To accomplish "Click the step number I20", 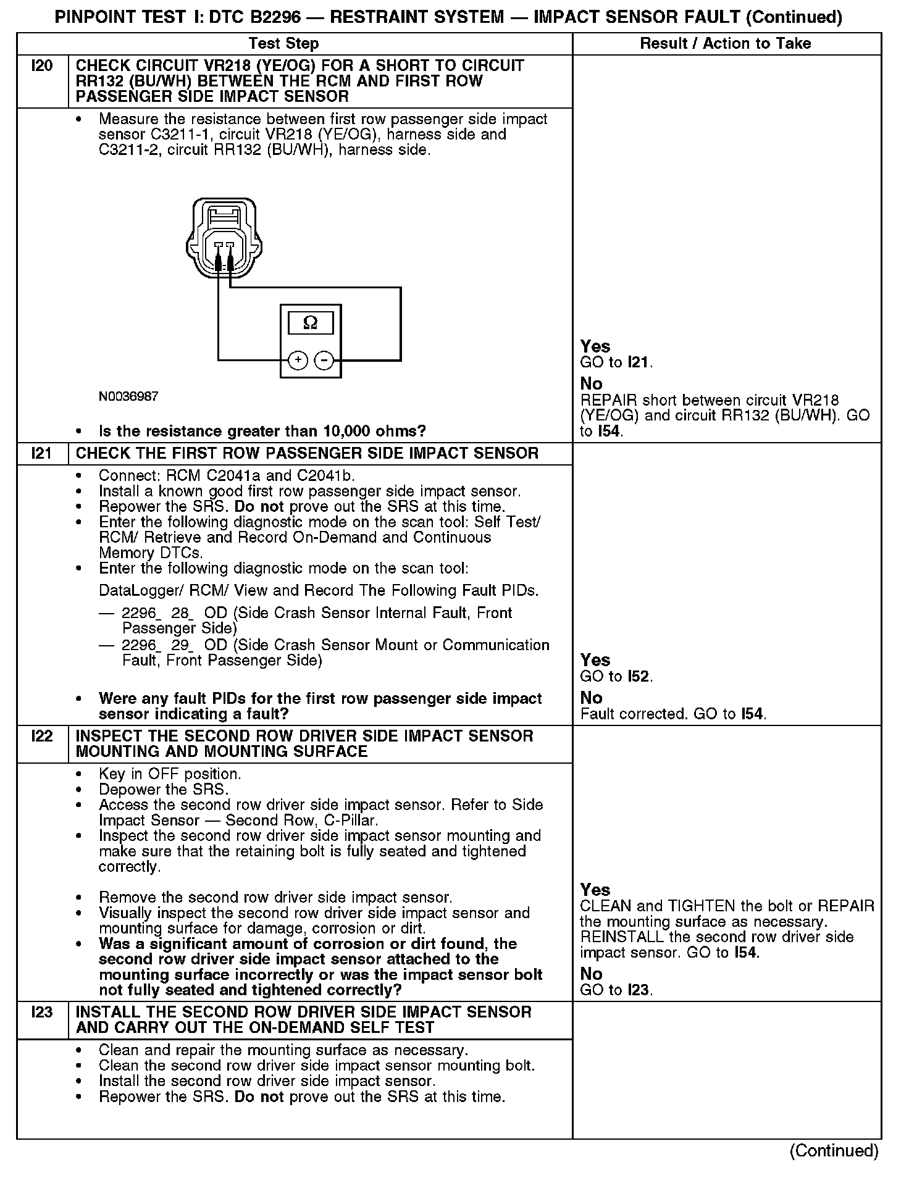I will pyautogui.click(x=42, y=66).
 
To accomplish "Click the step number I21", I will pyautogui.click(x=42, y=454).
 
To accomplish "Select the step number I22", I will pyautogui.click(x=42, y=737).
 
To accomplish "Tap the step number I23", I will pyautogui.click(x=42, y=1013).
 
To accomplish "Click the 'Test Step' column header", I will pyautogui.click(x=283, y=44).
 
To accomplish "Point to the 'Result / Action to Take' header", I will pyautogui.click(x=725, y=44).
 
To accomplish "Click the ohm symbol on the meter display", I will pyautogui.click(x=311, y=323).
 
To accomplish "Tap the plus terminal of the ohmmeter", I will pyautogui.click(x=298, y=360).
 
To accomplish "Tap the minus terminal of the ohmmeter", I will pyautogui.click(x=324, y=360).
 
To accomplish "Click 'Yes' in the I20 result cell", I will pyautogui.click(x=595, y=346).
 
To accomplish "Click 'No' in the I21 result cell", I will pyautogui.click(x=591, y=698).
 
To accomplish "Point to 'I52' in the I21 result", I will pyautogui.click(x=639, y=677).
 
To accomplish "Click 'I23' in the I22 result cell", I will pyautogui.click(x=639, y=990).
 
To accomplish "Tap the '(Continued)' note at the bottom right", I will pyautogui.click(x=834, y=1151).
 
